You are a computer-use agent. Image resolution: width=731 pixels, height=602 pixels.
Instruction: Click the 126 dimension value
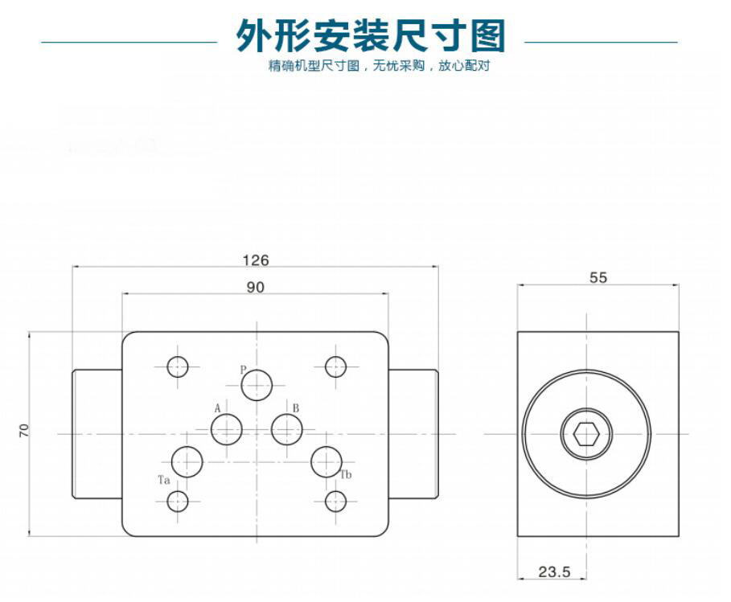[256, 260]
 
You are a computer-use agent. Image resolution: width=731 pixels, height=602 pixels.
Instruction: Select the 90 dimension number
[255, 288]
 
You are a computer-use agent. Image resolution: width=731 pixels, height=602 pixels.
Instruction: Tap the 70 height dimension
[24, 430]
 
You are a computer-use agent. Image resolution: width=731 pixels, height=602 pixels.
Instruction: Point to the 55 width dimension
[598, 278]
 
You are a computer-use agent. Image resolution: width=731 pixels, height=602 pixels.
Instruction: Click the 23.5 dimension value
[554, 571]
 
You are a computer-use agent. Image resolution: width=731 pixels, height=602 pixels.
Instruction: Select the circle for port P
[257, 385]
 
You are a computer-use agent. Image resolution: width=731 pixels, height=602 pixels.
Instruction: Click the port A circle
[227, 429]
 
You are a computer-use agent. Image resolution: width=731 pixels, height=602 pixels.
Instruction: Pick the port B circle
[287, 429]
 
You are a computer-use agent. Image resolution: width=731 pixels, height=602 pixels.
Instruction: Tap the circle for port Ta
[187, 462]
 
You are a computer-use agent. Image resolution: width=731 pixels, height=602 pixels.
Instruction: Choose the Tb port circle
[326, 462]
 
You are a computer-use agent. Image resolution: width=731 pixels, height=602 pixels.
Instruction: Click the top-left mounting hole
[178, 367]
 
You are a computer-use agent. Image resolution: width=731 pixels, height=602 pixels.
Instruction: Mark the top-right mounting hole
[335, 367]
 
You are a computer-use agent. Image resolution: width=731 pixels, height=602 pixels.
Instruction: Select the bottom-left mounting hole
[178, 502]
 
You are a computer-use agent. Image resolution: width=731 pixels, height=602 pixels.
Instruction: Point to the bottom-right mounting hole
[335, 502]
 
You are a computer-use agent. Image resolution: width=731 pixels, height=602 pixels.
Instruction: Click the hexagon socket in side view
[586, 434]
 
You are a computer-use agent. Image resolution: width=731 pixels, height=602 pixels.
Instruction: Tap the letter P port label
[243, 370]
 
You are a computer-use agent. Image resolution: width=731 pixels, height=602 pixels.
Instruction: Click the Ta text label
[163, 480]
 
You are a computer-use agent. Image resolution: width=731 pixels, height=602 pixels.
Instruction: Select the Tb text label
[346, 475]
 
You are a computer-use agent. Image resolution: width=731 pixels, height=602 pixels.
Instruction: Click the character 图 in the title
[488, 36]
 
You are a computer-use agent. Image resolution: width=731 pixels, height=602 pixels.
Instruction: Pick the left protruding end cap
[97, 434]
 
